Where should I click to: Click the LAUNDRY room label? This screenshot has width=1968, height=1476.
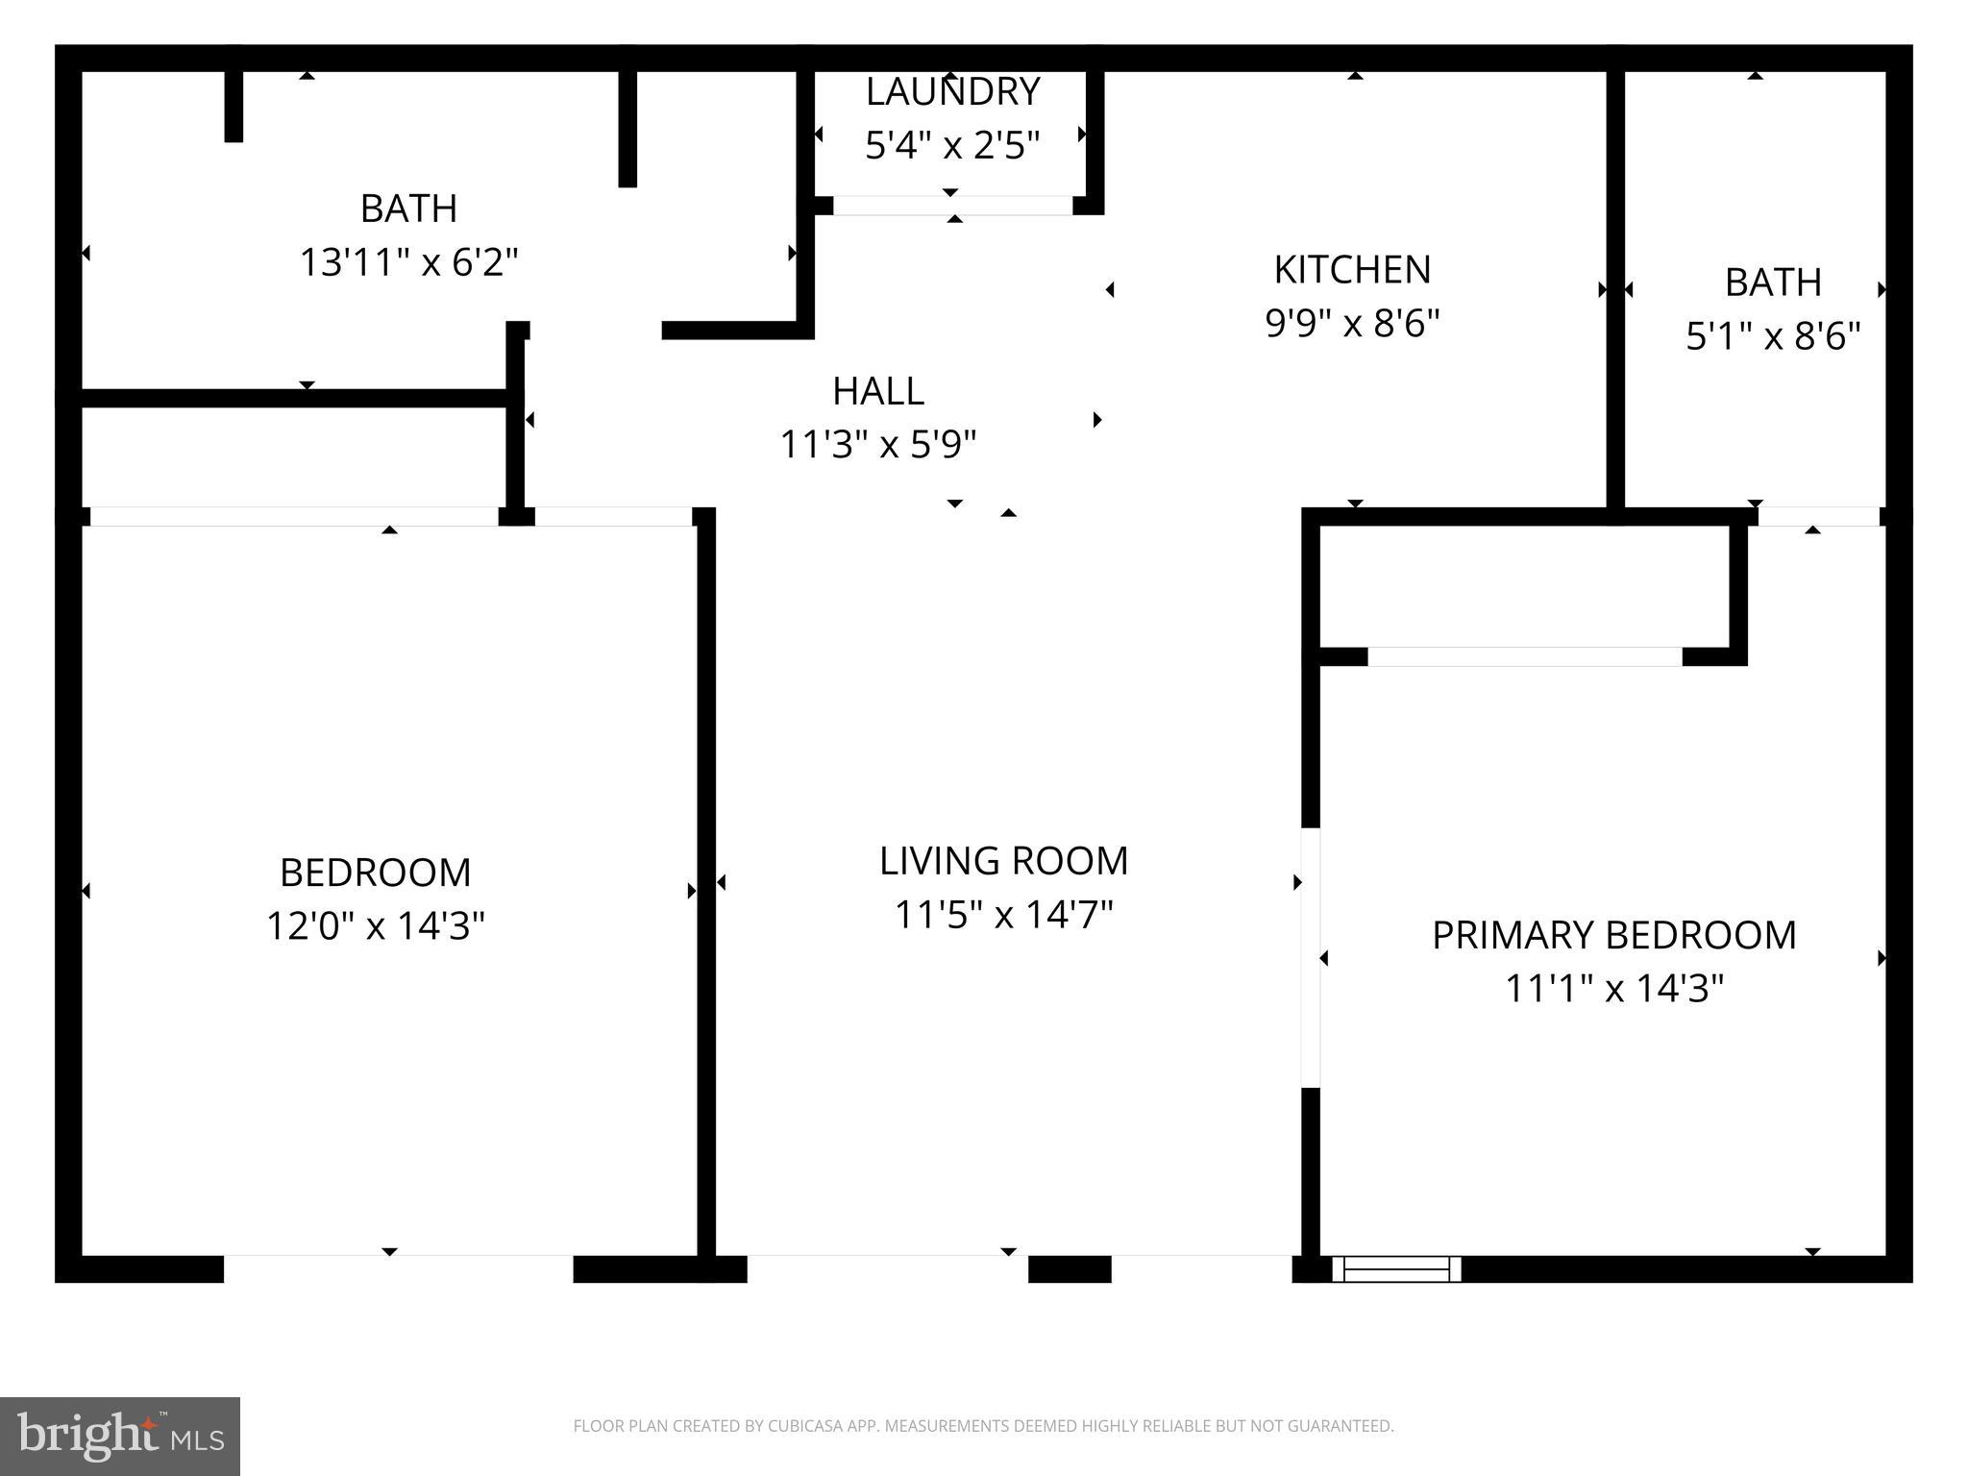(x=951, y=92)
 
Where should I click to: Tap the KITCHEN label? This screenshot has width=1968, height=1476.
(x=1352, y=270)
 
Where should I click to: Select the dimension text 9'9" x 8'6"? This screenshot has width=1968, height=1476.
(x=1352, y=324)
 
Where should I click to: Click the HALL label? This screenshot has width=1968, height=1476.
(x=878, y=391)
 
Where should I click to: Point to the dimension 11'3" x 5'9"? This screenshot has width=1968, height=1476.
(x=878, y=445)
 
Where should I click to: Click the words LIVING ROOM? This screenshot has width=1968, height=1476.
(x=1003, y=861)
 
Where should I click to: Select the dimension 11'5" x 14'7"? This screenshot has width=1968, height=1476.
(x=1003, y=915)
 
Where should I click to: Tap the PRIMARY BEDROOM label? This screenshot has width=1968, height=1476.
(x=1613, y=935)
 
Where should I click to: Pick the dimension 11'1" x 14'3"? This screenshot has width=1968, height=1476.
(x=1613, y=989)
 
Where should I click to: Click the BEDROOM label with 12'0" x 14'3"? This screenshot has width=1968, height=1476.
(x=375, y=873)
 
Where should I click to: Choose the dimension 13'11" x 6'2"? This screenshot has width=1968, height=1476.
(x=408, y=262)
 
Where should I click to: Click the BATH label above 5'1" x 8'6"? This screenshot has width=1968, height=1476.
(x=1773, y=283)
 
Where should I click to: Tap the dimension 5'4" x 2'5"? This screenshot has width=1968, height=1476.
(x=951, y=146)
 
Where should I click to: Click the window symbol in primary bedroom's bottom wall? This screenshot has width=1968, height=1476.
(x=1396, y=1268)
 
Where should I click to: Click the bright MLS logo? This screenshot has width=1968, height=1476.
(x=119, y=1436)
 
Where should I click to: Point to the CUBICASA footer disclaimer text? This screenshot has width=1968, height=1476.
(x=983, y=1426)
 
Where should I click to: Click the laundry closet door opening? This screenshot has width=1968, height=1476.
(x=951, y=206)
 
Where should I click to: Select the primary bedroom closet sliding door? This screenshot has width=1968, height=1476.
(x=1524, y=657)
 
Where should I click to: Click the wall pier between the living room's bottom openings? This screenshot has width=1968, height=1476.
(x=1070, y=1268)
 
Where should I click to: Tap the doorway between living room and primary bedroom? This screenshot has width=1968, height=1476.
(x=1310, y=958)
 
